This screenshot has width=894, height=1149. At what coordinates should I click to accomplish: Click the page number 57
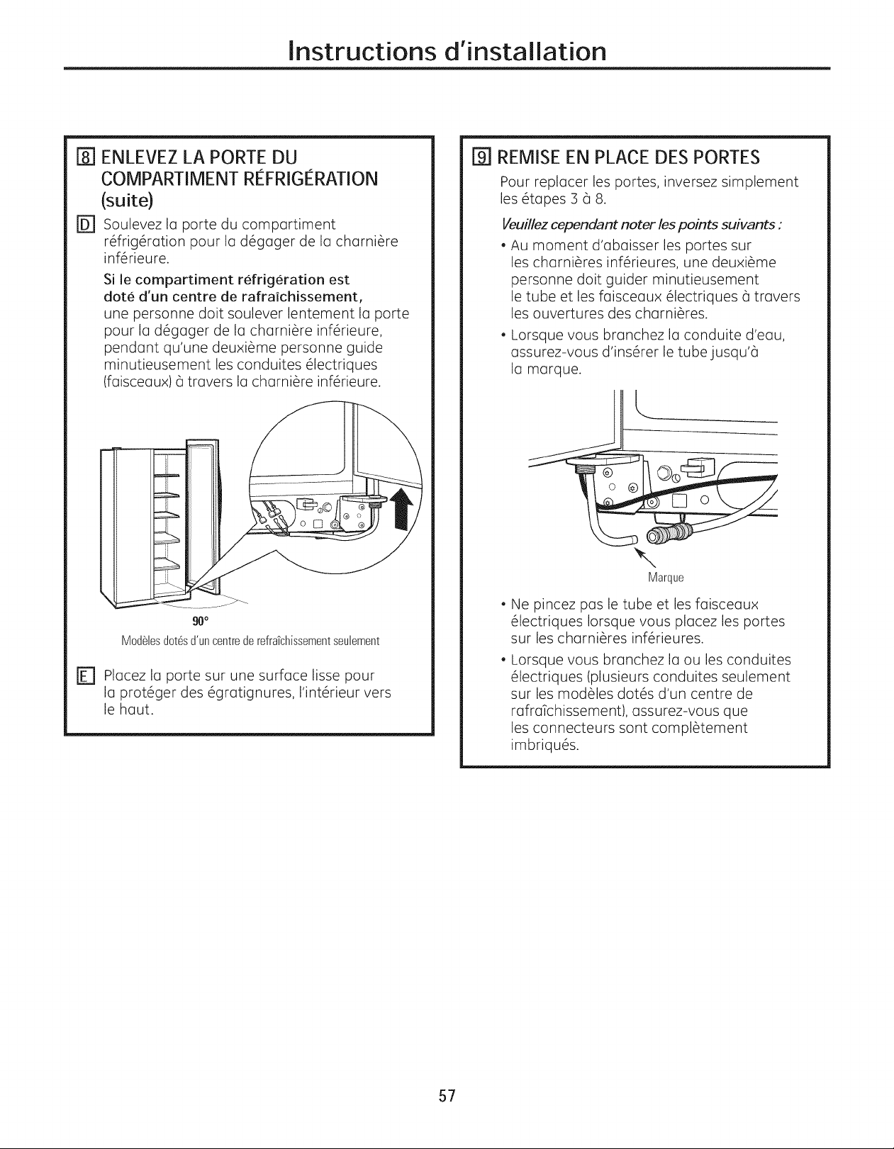coord(447,1096)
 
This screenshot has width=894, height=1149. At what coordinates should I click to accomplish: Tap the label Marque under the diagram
coord(666,578)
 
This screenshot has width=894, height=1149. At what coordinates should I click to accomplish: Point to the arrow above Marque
coord(647,558)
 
